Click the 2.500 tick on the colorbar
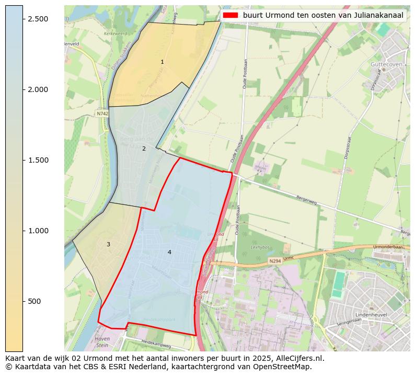38,19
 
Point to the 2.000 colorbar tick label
38,89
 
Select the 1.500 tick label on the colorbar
38,160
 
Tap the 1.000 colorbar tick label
38,231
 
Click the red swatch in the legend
230,16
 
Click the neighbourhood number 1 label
162,62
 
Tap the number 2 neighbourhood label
144,149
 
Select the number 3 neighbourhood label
108,244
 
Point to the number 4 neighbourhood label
169,252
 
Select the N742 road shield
102,113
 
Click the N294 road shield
275,261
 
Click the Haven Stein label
102,341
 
